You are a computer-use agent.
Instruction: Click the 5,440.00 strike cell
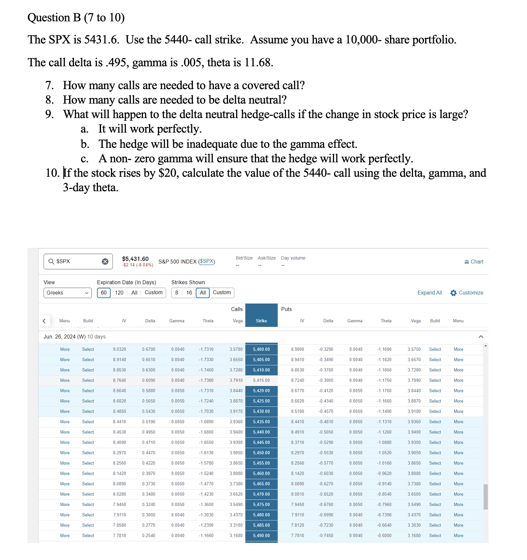(x=261, y=432)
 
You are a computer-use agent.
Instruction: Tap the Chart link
(x=474, y=262)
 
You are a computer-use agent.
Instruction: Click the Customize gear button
(x=467, y=293)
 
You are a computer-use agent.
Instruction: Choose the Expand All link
(x=429, y=293)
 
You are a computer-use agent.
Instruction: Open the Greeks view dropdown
(x=67, y=293)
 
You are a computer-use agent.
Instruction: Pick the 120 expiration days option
(x=119, y=293)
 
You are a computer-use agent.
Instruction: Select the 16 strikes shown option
(x=189, y=293)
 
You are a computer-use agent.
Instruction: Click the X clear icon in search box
(x=105, y=261)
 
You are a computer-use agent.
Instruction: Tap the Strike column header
(x=261, y=321)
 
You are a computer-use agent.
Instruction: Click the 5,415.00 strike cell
(x=261, y=380)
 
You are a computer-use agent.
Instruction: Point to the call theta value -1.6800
(x=206, y=432)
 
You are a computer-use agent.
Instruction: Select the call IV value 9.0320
(x=119, y=349)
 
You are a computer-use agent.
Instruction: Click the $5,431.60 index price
(x=135, y=259)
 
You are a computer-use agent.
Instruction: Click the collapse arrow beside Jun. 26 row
(x=481, y=337)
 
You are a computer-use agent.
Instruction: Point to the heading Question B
(x=76, y=18)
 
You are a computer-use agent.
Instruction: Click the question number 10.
(x=52, y=173)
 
